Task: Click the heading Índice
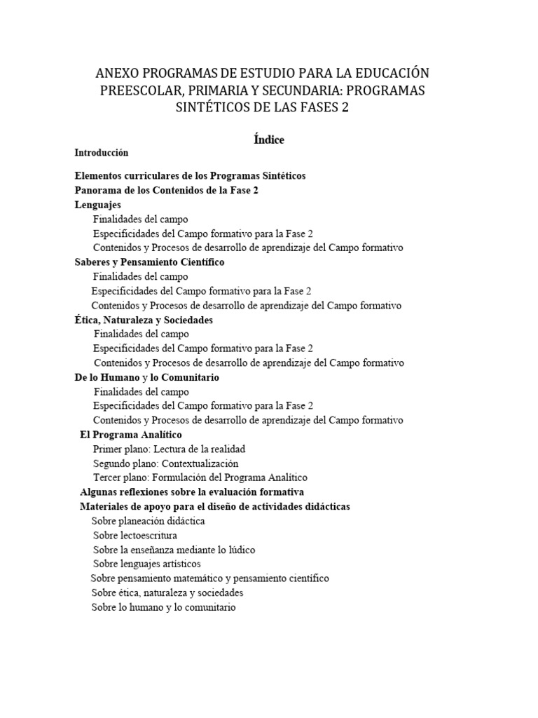[268, 140]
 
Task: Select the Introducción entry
[102, 152]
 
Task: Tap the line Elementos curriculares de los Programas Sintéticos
[190, 175]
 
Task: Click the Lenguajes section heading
[98, 205]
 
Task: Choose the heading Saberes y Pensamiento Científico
[149, 262]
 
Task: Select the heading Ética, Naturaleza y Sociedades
[144, 320]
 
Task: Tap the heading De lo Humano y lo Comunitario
[146, 377]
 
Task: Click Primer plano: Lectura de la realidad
[169, 449]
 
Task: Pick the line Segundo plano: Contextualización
[165, 463]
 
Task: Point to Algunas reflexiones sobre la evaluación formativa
[192, 492]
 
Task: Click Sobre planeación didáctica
[148, 521]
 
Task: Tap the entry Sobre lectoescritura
[134, 535]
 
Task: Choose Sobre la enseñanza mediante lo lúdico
[174, 550]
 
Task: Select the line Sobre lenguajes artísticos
[147, 564]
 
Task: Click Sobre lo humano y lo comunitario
[163, 607]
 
